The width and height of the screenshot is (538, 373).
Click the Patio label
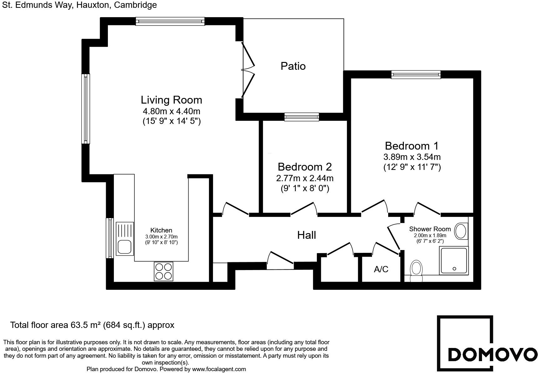(x=293, y=66)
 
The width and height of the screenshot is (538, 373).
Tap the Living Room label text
(x=171, y=100)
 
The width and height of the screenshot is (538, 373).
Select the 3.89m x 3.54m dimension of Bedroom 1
(x=412, y=157)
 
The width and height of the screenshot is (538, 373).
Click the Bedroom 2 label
(x=304, y=167)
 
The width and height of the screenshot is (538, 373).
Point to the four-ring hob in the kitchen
(x=164, y=271)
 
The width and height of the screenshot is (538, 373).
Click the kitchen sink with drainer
(x=125, y=238)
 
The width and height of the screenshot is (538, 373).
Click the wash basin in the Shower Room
(x=461, y=231)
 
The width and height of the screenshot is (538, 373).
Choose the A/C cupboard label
(x=381, y=269)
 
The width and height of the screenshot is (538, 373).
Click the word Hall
(x=306, y=235)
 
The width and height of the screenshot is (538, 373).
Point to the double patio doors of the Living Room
(x=249, y=70)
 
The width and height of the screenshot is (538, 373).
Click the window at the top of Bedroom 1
(x=416, y=74)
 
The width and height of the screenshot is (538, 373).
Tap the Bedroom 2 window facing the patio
(x=302, y=117)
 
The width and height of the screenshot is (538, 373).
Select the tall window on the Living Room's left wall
(x=86, y=109)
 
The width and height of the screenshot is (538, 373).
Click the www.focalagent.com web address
(x=219, y=369)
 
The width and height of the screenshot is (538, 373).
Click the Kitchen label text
(x=161, y=230)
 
